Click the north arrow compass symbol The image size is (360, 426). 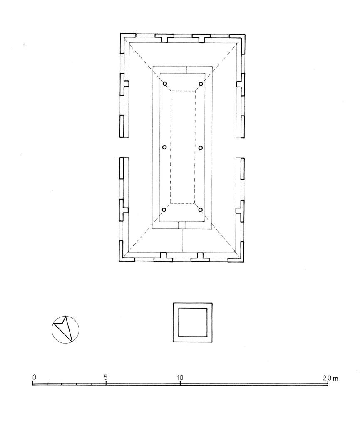(65, 329)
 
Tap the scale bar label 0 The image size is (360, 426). (34, 377)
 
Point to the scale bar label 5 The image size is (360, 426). (105, 377)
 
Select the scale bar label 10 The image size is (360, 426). (180, 377)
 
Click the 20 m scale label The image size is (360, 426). (330, 378)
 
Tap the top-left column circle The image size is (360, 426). (165, 84)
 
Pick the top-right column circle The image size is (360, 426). (201, 84)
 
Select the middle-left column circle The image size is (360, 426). (164, 147)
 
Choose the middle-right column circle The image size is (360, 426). (201, 148)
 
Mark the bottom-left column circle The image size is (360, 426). (164, 210)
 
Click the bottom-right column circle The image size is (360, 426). (201, 210)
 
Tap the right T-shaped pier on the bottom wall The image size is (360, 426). (200, 259)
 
